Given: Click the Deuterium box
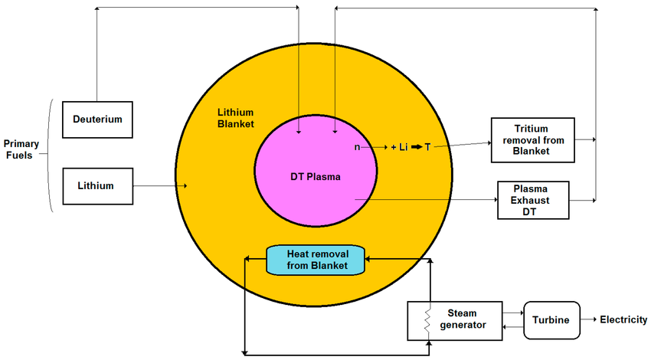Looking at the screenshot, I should click(97, 119).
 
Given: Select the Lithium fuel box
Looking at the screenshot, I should click(97, 185).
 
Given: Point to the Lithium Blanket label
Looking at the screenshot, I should click(235, 117).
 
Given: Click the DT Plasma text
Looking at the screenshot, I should click(315, 177).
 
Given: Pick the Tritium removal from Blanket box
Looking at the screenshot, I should click(532, 140).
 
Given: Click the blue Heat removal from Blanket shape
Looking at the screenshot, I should click(316, 260).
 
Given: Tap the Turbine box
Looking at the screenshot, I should click(551, 320).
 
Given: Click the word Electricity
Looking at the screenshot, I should click(623, 320).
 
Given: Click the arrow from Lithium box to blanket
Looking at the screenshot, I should click(161, 185).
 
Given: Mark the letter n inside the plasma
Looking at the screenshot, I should click(356, 146).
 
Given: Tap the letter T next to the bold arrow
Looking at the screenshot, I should click(428, 146).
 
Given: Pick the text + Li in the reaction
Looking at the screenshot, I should click(398, 146).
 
